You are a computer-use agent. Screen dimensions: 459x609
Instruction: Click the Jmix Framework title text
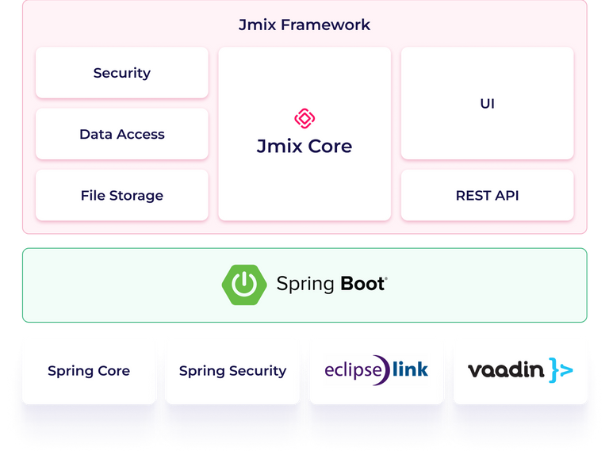coord(304,25)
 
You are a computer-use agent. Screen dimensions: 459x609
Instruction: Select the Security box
coord(122,73)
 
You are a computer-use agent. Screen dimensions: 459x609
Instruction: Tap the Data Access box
coord(122,134)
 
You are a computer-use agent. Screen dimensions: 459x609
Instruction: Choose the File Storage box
coord(122,195)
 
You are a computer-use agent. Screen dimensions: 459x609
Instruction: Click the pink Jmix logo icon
coord(304,119)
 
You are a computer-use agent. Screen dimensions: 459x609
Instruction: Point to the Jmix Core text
coord(304,147)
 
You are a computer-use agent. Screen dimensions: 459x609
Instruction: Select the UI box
coord(487,103)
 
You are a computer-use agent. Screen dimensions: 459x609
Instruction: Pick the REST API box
coord(487,195)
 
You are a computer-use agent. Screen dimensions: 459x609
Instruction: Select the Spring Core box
coord(89,370)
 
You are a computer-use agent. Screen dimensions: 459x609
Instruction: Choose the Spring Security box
coord(232,370)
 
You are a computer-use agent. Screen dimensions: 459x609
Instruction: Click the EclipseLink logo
coord(377,369)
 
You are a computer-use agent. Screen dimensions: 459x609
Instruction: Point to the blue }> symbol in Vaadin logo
coord(560,370)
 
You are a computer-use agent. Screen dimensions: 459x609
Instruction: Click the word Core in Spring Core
coord(113,370)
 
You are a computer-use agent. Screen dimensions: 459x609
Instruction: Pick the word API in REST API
coord(506,195)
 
